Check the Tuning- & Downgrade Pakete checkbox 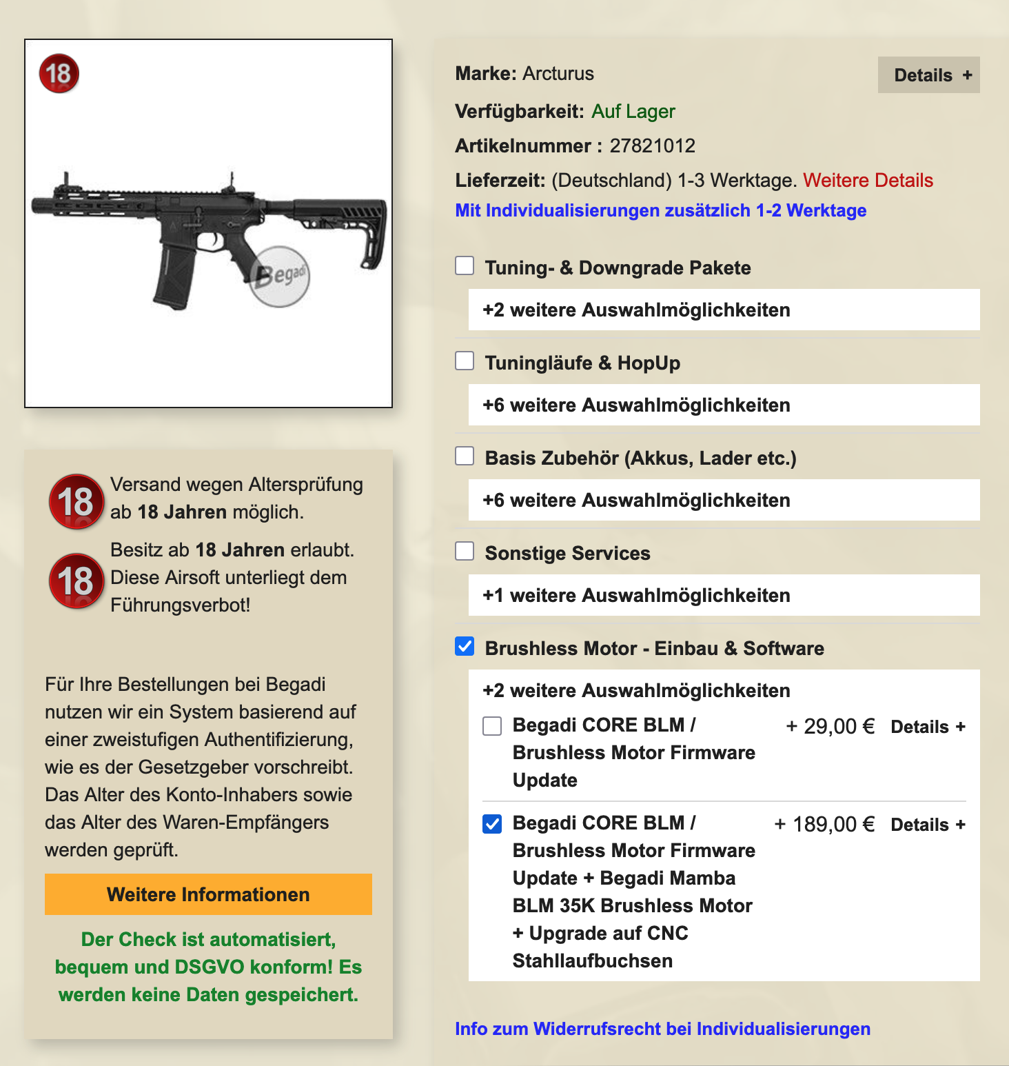click(x=465, y=265)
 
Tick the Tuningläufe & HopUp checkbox click(x=465, y=361)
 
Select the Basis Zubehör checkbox click(x=465, y=456)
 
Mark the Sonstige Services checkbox click(x=465, y=551)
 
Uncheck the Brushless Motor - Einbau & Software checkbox click(x=465, y=646)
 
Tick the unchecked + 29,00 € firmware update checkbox click(x=492, y=725)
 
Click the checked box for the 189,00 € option click(x=492, y=824)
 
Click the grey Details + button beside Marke click(x=928, y=75)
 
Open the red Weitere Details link click(x=868, y=181)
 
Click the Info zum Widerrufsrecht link click(x=662, y=1029)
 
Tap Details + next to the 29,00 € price click(x=928, y=727)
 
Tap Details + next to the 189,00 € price click(x=928, y=825)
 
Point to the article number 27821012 click(x=652, y=146)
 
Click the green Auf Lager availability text click(x=633, y=112)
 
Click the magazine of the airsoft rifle click(x=173, y=275)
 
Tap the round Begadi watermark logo click(x=280, y=276)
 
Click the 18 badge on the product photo click(x=59, y=73)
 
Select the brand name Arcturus click(x=558, y=74)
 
